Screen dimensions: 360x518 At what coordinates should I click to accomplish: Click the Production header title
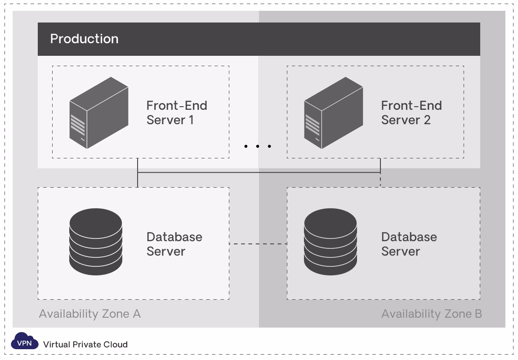coord(84,39)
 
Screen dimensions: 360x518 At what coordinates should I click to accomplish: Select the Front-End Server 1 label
coord(177,112)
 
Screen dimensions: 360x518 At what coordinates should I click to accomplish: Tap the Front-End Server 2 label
coord(411,112)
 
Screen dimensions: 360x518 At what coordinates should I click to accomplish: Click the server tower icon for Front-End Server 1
coord(98,112)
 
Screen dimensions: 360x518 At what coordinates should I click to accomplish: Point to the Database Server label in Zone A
coord(174,244)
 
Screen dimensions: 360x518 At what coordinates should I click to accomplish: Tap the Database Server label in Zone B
coord(409,244)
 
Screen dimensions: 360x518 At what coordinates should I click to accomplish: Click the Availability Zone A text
coord(90,314)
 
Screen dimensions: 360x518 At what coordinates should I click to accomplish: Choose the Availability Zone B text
coord(432,314)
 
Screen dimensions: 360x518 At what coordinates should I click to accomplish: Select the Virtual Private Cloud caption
coord(85,345)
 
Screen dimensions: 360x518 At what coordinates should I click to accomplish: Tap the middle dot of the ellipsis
coord(258,146)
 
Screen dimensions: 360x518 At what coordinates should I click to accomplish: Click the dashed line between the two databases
coord(258,244)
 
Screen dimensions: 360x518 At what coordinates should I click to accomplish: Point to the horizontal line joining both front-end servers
coord(259,172)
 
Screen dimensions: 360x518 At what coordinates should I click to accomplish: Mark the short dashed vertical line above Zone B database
coord(380,180)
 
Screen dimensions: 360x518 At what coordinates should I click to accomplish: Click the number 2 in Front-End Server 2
coord(427,120)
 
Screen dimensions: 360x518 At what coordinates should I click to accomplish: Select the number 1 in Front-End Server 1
coord(191,120)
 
